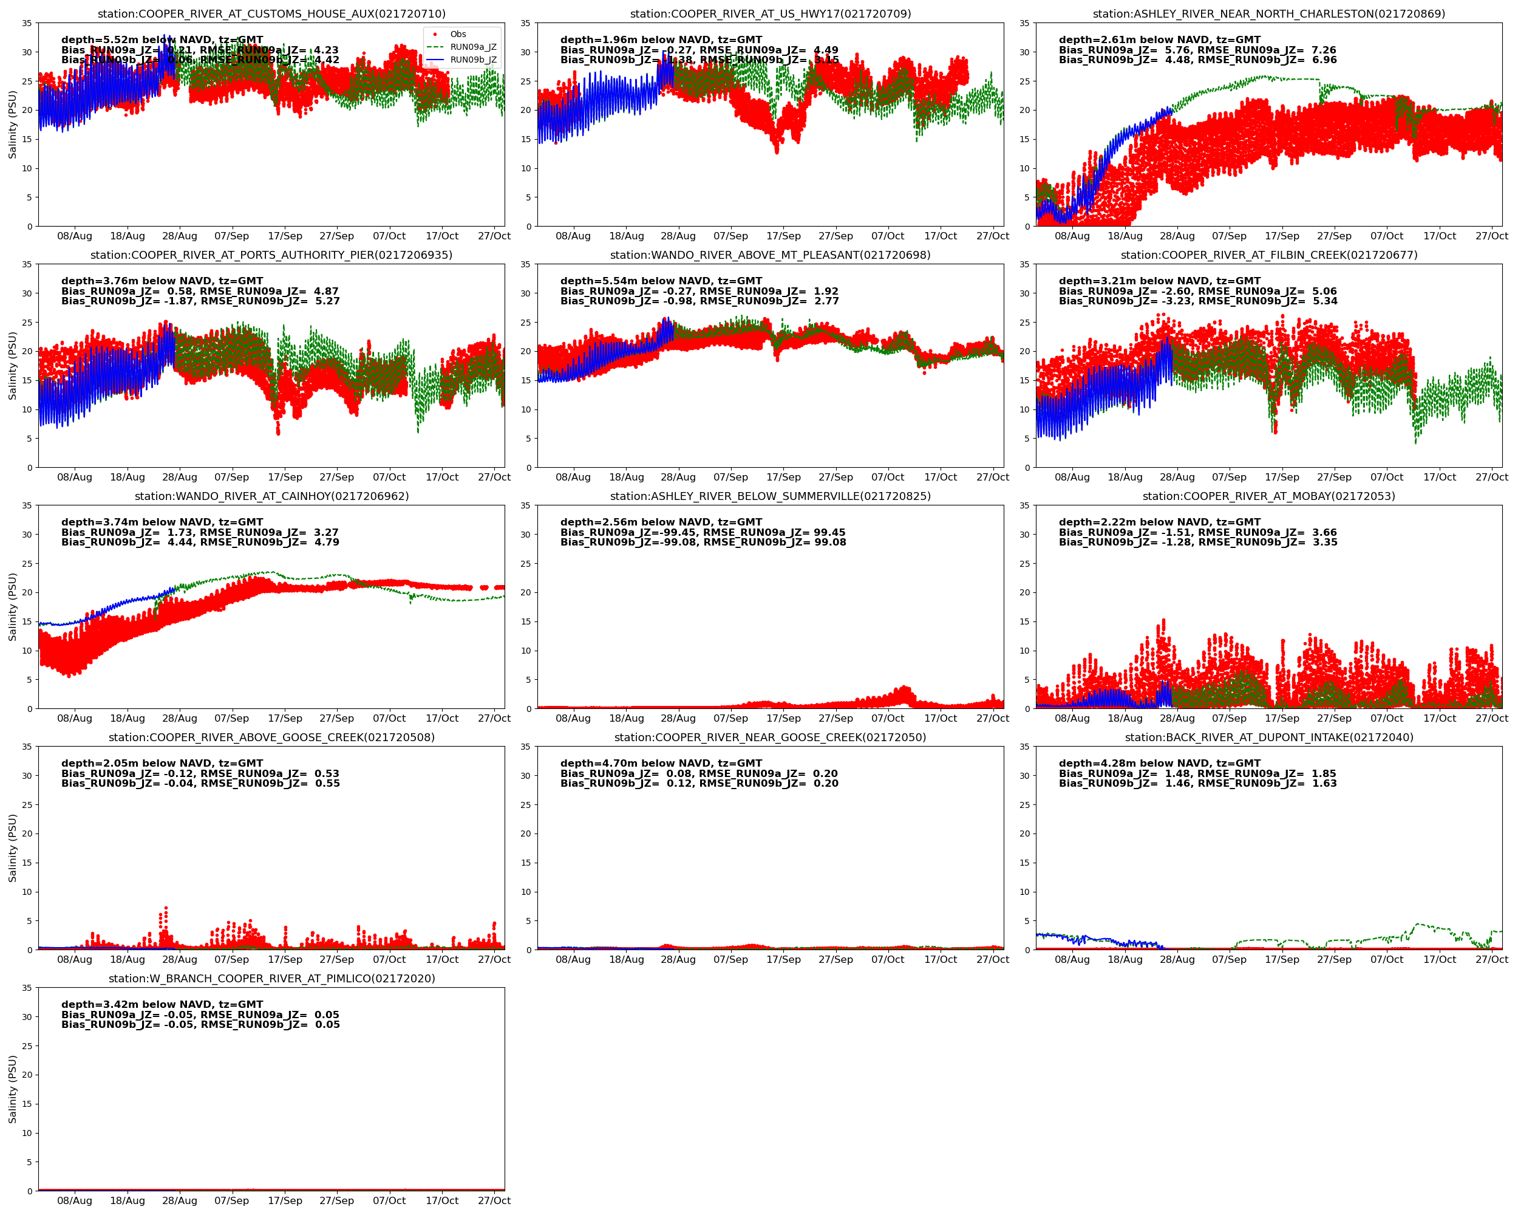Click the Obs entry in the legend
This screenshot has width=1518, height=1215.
coord(458,34)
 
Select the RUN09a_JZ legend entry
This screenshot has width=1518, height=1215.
coord(472,47)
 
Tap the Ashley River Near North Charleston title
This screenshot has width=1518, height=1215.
coord(1269,14)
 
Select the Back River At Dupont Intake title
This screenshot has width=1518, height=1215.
coord(1269,738)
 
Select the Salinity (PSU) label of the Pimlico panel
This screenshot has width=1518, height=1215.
coord(12,1089)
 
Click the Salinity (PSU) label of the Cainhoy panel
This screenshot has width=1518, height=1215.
coord(12,606)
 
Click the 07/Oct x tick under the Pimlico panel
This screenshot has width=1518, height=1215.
coord(389,1200)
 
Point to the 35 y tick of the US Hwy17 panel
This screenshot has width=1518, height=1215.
coord(525,23)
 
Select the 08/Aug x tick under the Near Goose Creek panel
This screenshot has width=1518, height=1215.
coord(573,959)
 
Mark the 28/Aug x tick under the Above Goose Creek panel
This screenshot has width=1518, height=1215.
coord(180,959)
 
